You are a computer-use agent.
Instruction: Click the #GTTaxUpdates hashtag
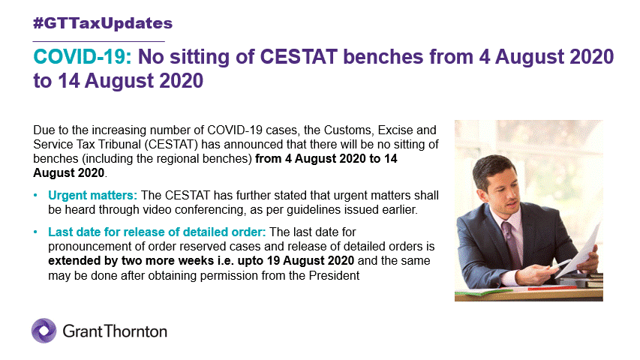[x=103, y=23]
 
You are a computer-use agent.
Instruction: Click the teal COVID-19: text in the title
[x=83, y=57]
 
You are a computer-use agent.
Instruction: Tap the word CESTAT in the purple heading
[x=299, y=57]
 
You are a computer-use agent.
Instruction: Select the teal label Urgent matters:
[x=92, y=196]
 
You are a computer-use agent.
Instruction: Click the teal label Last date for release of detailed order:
[x=157, y=232]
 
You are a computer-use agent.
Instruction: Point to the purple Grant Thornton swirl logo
[x=44, y=331]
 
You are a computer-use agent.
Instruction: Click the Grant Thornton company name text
[x=115, y=331]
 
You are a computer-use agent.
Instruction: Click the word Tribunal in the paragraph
[x=120, y=145]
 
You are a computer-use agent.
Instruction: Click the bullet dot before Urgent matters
[x=35, y=196]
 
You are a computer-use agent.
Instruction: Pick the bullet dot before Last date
[x=35, y=232]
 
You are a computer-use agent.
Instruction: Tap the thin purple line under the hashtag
[x=99, y=41]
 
